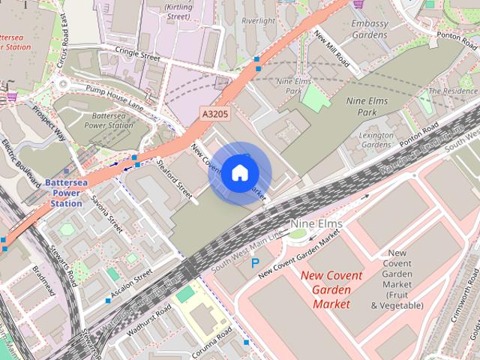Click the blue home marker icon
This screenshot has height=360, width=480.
click(239, 172)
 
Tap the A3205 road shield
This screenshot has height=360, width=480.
click(214, 112)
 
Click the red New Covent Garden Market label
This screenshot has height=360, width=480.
click(331, 289)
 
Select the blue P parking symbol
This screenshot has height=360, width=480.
click(256, 263)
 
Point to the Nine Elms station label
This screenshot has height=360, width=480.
click(316, 224)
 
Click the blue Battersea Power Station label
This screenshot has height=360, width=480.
click(66, 193)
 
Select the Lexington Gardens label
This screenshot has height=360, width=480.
click(376, 139)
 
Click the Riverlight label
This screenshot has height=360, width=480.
click(259, 21)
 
